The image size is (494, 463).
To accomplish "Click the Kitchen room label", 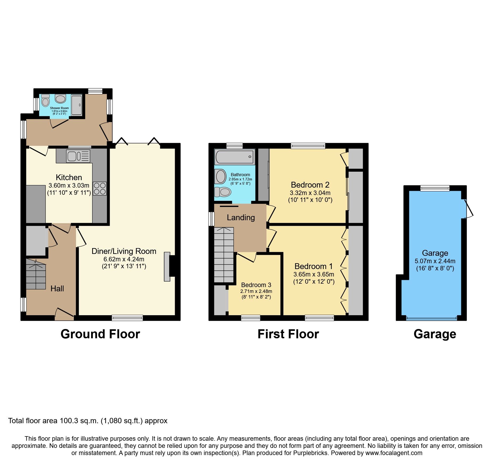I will click(x=69, y=177).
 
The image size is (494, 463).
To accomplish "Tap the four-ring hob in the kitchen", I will click(x=100, y=188).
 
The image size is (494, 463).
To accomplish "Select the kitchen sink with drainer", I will click(x=79, y=156).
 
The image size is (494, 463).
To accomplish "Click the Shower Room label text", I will click(x=59, y=108).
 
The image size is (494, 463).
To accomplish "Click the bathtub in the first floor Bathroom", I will click(x=235, y=157).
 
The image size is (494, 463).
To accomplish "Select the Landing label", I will click(x=241, y=218).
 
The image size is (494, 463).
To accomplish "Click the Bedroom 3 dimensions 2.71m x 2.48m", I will click(x=256, y=291).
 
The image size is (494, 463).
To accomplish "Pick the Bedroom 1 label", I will click(x=313, y=266).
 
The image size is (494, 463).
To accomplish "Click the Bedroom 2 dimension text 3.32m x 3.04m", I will click(x=310, y=193).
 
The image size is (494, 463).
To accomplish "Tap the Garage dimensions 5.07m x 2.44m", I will click(x=435, y=261).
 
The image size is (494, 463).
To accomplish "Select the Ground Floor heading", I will click(x=100, y=334).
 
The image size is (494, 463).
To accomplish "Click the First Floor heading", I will click(x=288, y=334).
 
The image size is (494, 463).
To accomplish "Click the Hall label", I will click(x=57, y=288).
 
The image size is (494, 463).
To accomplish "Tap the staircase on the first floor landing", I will click(x=224, y=255).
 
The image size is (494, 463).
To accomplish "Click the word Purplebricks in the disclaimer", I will click(x=310, y=453).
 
